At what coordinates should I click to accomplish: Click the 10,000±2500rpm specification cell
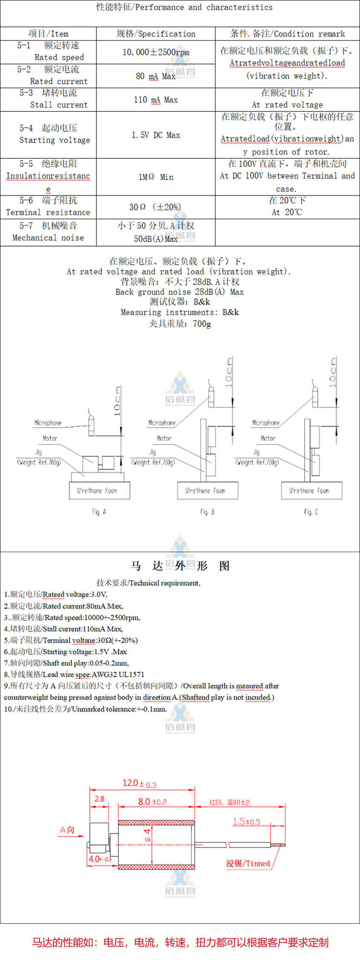click(x=156, y=52)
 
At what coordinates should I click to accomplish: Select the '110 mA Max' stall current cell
click(x=156, y=100)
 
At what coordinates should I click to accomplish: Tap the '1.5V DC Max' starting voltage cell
click(x=156, y=135)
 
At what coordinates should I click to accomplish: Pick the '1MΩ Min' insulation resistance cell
click(x=156, y=177)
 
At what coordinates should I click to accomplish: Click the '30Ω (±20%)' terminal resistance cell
click(x=155, y=207)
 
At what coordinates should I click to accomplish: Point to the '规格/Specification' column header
click(x=156, y=34)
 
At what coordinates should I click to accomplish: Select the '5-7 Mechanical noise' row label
click(x=48, y=232)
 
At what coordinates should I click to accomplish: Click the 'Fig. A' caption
click(x=99, y=512)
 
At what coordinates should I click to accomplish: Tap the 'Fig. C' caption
click(x=311, y=512)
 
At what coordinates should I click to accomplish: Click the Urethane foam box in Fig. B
click(x=208, y=491)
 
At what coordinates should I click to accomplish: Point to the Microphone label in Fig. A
click(x=48, y=423)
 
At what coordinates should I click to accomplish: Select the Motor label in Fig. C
click(x=268, y=438)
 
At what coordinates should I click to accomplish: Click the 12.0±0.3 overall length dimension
click(x=139, y=783)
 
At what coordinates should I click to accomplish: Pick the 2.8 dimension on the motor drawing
click(x=99, y=799)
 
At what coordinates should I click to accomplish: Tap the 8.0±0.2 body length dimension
click(x=152, y=802)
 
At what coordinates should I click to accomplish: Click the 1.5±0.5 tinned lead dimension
click(x=247, y=822)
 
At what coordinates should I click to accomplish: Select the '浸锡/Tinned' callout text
click(x=248, y=864)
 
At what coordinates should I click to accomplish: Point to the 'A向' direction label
click(x=67, y=830)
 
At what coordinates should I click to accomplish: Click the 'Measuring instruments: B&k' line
click(x=180, y=312)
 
